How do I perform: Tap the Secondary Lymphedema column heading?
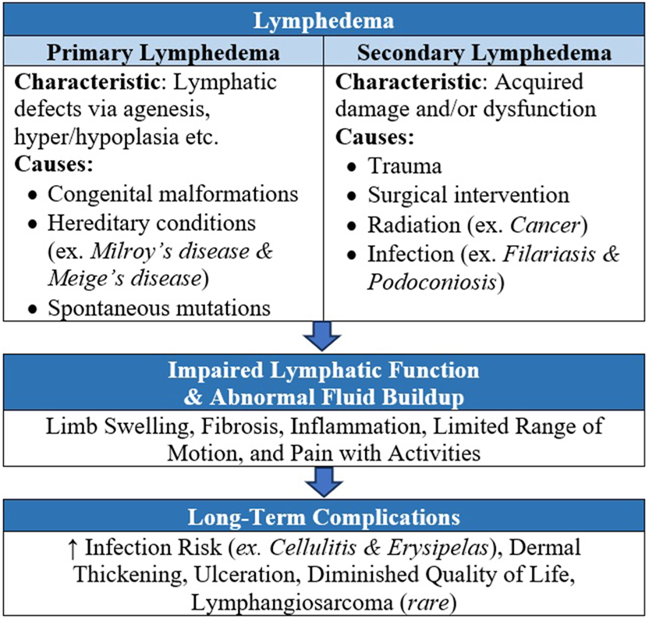point(484,55)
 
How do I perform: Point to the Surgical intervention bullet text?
point(469,194)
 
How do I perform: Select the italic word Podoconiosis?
point(431,281)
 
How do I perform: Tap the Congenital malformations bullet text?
point(173,194)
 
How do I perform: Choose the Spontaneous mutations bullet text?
point(159,308)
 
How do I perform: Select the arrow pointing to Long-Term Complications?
point(324,482)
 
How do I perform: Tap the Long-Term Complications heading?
point(324,518)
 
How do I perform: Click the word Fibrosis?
point(222,428)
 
